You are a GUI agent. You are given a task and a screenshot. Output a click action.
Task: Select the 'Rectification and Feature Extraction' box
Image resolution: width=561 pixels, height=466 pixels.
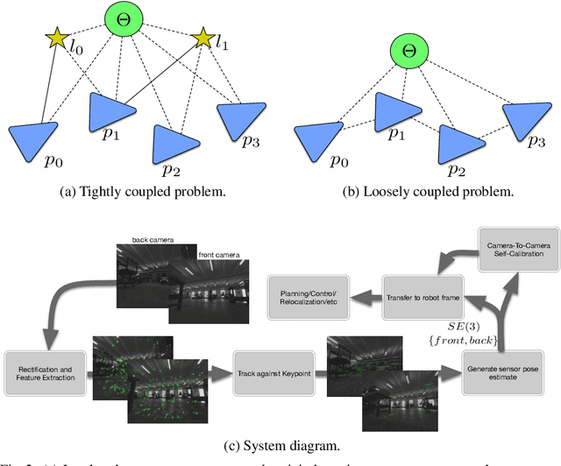click(x=41, y=365)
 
